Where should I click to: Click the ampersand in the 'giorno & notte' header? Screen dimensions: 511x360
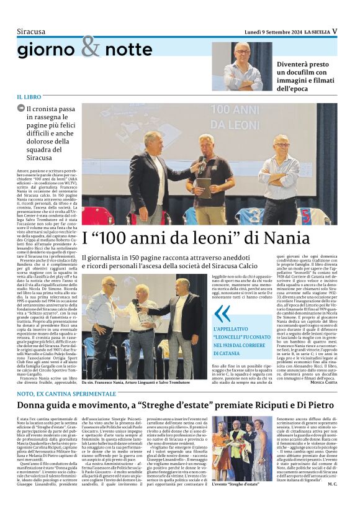click(90, 46)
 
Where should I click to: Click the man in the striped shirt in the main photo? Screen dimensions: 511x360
click(279, 180)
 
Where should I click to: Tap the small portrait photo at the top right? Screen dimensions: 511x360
click(242, 66)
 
